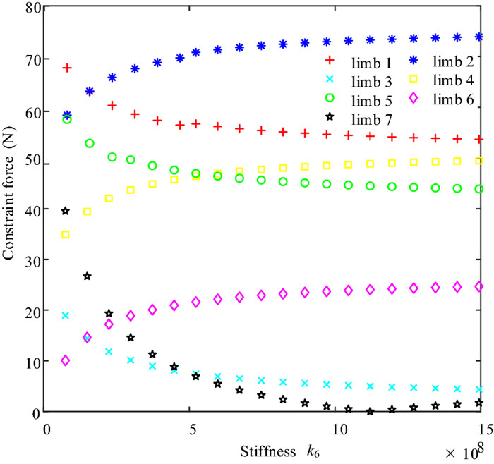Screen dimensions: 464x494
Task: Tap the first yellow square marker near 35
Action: click(66, 235)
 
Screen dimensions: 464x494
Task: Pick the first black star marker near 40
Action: click(66, 211)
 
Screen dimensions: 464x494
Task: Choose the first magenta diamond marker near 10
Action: click(66, 360)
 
